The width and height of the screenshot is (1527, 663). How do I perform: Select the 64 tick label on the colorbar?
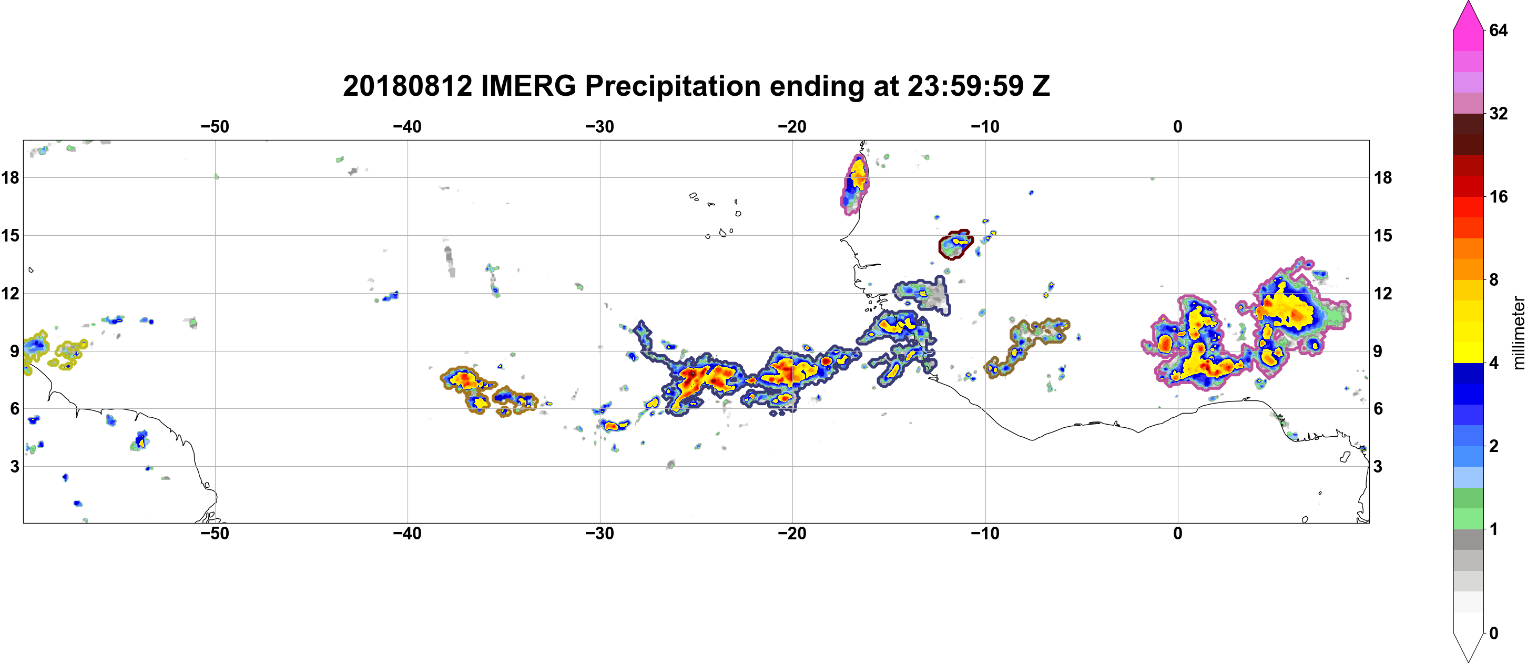pyautogui.click(x=1499, y=30)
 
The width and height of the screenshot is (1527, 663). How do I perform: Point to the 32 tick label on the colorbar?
pyautogui.click(x=1499, y=113)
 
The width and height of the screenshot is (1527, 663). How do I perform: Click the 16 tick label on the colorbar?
pyautogui.click(x=1499, y=196)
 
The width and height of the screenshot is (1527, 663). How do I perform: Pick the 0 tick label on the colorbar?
pyautogui.click(x=1494, y=633)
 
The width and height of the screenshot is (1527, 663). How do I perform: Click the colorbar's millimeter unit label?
pyautogui.click(x=1518, y=333)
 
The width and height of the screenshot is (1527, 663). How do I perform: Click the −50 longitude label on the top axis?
pyautogui.click(x=215, y=126)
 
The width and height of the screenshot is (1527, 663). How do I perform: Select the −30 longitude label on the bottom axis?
pyautogui.click(x=600, y=533)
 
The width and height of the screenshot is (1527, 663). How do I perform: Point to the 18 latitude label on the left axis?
pyautogui.click(x=10, y=177)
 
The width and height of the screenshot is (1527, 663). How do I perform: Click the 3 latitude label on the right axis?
pyautogui.click(x=1378, y=466)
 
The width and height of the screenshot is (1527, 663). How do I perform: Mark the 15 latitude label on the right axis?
pyautogui.click(x=1383, y=235)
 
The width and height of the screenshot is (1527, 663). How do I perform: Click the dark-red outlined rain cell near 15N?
pyautogui.click(x=955, y=244)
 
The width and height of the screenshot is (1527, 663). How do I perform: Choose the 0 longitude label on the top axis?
pyautogui.click(x=1178, y=126)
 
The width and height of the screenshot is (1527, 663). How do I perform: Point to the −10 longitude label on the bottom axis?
pyautogui.click(x=985, y=533)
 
